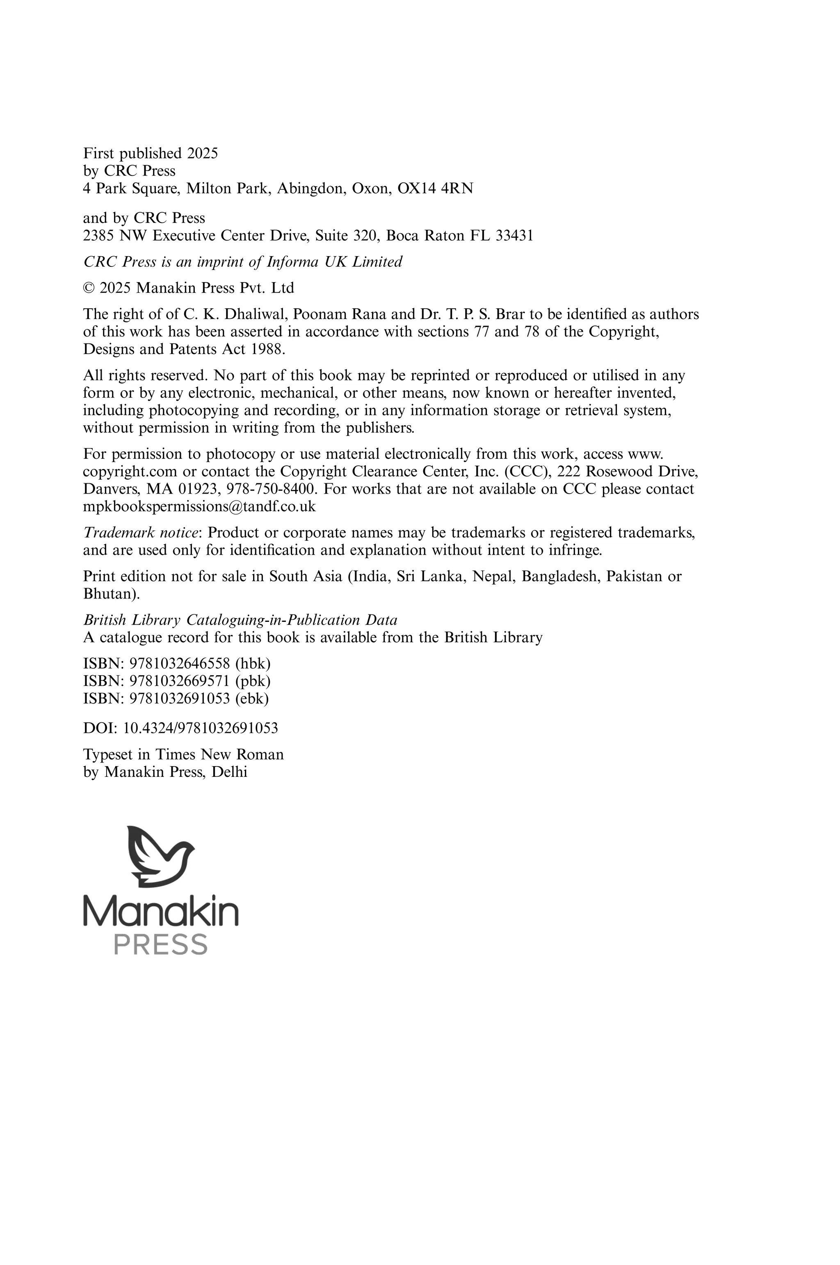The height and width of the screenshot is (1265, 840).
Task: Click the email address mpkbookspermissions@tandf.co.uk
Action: pyautogui.click(x=199, y=506)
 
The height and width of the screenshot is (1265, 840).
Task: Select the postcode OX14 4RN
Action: pyautogui.click(x=435, y=189)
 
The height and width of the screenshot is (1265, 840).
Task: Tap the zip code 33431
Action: pyautogui.click(x=514, y=236)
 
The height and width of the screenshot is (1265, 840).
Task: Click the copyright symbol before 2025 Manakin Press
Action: pyautogui.click(x=89, y=288)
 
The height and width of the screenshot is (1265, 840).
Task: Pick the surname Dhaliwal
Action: pyautogui.click(x=251, y=314)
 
